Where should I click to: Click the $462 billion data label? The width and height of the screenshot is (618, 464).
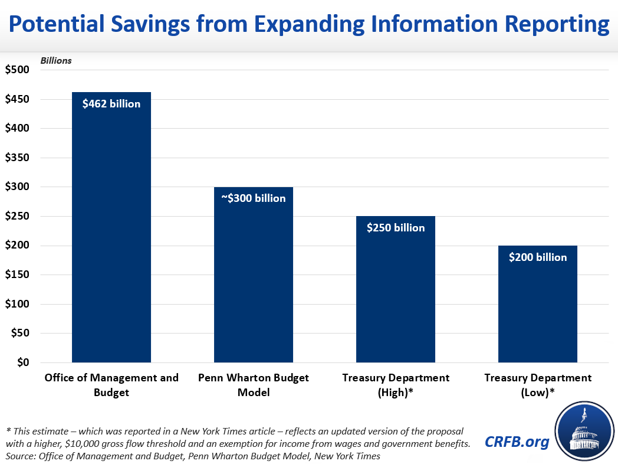(x=111, y=104)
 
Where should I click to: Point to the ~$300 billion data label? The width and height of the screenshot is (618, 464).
(x=254, y=198)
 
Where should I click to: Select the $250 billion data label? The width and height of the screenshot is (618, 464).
(x=396, y=228)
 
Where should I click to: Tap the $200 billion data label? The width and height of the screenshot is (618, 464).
(x=538, y=257)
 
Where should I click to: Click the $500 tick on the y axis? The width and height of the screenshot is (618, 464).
(x=17, y=70)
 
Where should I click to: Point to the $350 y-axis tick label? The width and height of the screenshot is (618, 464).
(x=17, y=158)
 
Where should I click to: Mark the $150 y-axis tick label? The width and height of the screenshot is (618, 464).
(x=17, y=275)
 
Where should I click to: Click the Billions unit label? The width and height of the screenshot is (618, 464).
(x=56, y=60)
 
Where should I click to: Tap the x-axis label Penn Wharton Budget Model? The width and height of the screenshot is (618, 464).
(x=254, y=385)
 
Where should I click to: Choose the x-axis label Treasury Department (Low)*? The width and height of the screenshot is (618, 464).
(x=538, y=385)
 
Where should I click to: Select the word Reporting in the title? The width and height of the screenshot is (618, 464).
(x=548, y=24)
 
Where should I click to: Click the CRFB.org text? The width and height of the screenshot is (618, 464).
(x=516, y=442)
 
